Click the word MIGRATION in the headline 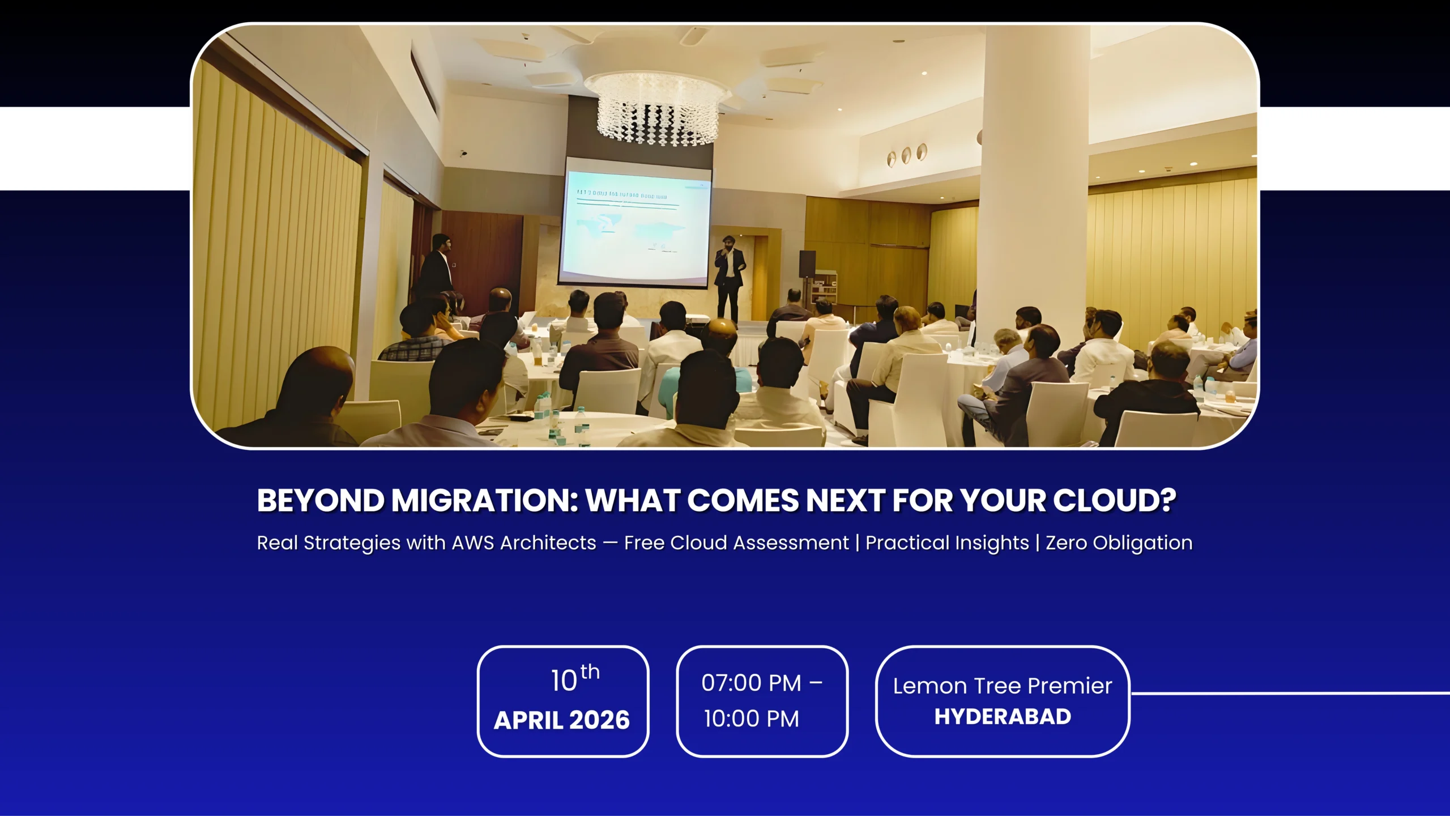pos(484,501)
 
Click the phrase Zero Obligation pos(1119,543)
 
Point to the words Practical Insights pos(947,543)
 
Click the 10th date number pos(574,679)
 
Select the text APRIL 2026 pos(561,720)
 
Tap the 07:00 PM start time pos(751,683)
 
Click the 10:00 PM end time pos(751,719)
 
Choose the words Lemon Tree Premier pos(1002,686)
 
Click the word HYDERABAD pos(1002,717)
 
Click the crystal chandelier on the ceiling pos(657,108)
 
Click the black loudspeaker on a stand pos(807,263)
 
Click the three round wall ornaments pos(906,155)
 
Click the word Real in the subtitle pos(277,543)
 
